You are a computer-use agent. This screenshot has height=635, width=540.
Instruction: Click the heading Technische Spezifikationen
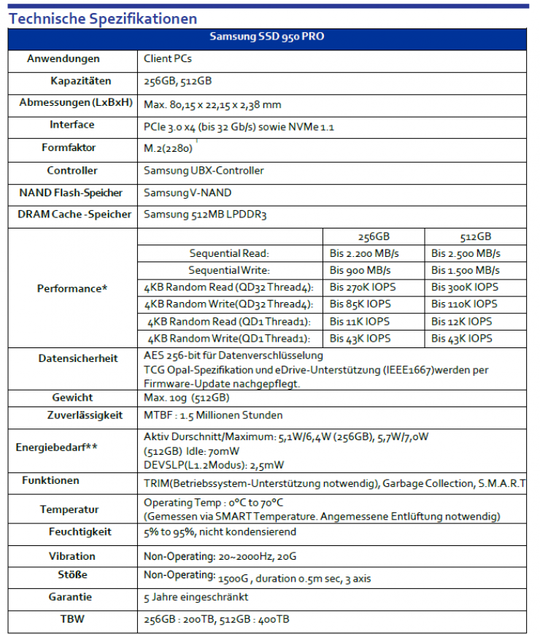(x=103, y=18)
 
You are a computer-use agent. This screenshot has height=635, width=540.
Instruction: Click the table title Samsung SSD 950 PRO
(x=267, y=37)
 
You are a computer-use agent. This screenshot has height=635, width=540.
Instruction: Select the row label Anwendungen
(x=63, y=58)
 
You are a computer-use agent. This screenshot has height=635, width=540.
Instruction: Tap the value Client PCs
(x=168, y=58)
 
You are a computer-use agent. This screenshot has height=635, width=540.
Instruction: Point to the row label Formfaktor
(x=69, y=147)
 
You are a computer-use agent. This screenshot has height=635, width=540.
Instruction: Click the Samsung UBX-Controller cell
(x=204, y=170)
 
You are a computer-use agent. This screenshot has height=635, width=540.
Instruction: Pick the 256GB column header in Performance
(x=373, y=236)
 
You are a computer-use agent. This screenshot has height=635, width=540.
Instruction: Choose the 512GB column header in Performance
(x=476, y=236)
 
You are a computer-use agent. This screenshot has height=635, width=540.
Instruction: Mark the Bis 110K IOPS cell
(x=465, y=304)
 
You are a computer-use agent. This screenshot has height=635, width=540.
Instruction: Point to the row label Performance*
(x=72, y=288)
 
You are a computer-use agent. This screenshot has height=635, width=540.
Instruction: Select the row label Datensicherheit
(x=78, y=358)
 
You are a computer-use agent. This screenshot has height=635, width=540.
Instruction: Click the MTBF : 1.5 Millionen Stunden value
(x=213, y=415)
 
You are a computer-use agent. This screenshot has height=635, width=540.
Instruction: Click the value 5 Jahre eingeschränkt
(x=196, y=597)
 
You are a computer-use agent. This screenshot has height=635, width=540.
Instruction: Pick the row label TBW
(x=72, y=619)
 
